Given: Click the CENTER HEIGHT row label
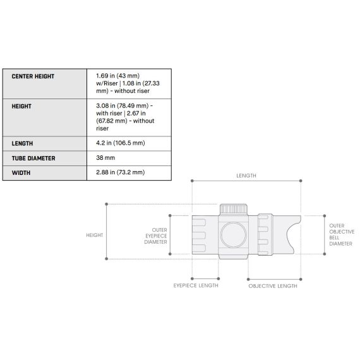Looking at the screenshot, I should tap(33, 76).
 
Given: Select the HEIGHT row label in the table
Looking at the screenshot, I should tap(21, 107).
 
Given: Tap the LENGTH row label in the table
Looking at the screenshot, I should tap(22, 143).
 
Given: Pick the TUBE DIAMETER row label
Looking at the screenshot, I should tap(33, 158).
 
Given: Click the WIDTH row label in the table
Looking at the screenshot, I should tap(21, 172).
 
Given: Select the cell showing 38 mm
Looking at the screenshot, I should tap(105, 158).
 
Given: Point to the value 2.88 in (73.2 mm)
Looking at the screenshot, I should tap(120, 172).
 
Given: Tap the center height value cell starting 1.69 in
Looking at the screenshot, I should tap(126, 83).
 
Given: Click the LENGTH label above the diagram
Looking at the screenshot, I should tap(246, 176).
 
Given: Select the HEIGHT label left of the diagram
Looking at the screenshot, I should tap(94, 235).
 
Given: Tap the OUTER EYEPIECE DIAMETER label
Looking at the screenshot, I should tap(155, 236).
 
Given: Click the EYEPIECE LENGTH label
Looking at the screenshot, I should tap(196, 285).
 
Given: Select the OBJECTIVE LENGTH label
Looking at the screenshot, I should tap(273, 285).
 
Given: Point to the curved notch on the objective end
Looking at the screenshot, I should tap(293, 234).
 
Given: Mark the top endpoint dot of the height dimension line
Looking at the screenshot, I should tap(106, 204).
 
